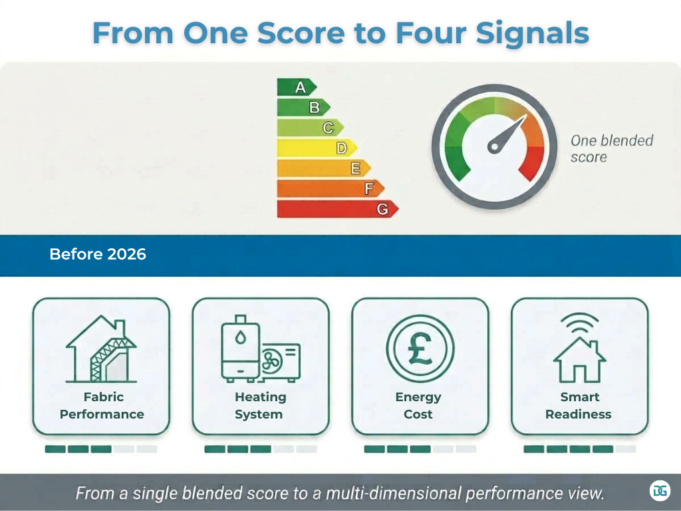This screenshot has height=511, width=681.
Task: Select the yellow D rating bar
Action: [x=316, y=148]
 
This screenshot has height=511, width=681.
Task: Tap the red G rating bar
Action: [x=337, y=209]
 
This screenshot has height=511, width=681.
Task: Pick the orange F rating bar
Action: [x=330, y=189]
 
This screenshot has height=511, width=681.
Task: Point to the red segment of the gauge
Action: [x=533, y=162]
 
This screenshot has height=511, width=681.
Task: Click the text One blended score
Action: [x=611, y=148]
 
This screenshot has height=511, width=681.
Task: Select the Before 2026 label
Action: [x=98, y=254]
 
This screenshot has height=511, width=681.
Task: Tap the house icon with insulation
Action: [x=101, y=351]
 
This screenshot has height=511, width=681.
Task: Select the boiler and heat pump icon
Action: [x=260, y=351]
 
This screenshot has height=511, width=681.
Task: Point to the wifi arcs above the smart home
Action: [x=579, y=324]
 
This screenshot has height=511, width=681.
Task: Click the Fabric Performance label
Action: [x=102, y=405]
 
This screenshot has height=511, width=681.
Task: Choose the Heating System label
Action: [x=260, y=405]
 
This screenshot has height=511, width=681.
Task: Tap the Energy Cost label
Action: [x=418, y=405]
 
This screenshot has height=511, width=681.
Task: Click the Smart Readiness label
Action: [x=579, y=405]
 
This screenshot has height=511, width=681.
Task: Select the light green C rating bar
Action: [x=309, y=128]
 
